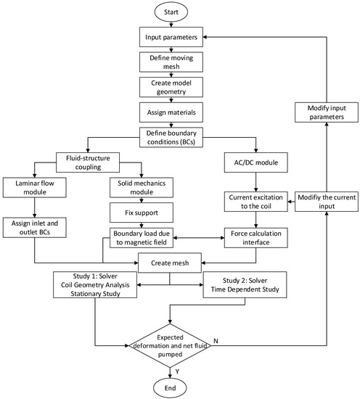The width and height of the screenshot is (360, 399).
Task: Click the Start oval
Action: click(x=171, y=12)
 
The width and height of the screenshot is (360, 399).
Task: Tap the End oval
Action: click(x=170, y=388)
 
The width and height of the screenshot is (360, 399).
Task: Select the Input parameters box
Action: click(x=171, y=37)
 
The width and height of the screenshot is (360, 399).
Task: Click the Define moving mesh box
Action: click(x=171, y=62)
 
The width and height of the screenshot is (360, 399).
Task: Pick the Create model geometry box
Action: click(x=171, y=87)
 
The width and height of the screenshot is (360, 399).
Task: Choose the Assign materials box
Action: click(x=171, y=112)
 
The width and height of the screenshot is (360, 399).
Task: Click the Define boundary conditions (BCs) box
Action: click(x=171, y=137)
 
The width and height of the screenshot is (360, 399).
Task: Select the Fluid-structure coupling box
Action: click(x=88, y=163)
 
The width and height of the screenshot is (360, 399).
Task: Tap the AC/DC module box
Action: click(x=256, y=163)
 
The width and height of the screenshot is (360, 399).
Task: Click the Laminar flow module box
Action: click(x=35, y=188)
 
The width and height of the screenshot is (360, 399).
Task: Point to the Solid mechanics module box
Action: click(x=142, y=188)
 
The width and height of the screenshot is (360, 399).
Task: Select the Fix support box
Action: click(x=142, y=213)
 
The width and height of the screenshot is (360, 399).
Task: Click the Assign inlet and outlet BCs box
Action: click(x=35, y=228)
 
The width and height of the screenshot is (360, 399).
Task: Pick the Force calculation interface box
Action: click(x=256, y=238)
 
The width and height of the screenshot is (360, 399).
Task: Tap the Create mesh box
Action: click(x=170, y=263)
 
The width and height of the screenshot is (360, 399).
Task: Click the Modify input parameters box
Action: click(x=327, y=112)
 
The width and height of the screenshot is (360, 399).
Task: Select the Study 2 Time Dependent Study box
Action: click(x=245, y=285)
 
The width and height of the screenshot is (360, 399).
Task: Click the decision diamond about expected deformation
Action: click(x=170, y=345)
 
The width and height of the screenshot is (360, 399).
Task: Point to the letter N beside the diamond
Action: click(x=216, y=341)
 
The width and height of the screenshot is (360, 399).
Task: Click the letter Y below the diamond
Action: click(x=177, y=371)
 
